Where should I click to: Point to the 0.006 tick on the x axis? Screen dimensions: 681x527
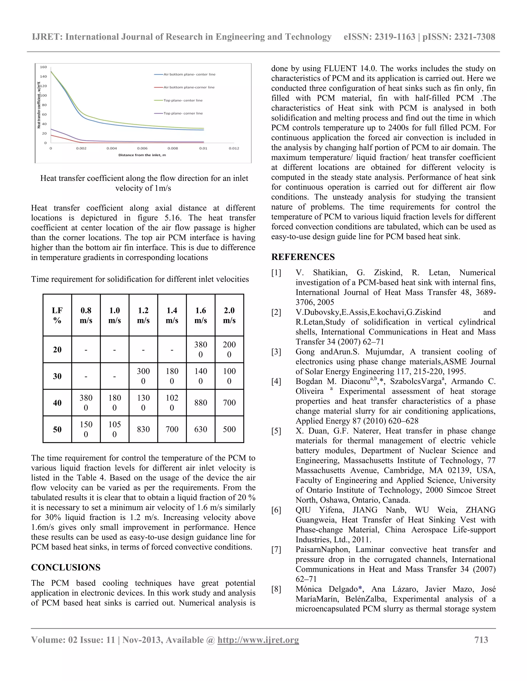(142, 149)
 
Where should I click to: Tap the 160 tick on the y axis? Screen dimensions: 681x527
(43, 67)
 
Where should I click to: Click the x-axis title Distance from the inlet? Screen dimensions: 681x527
(142, 155)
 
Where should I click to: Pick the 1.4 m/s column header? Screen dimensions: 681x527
(172, 315)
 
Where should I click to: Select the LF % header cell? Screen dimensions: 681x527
(57, 315)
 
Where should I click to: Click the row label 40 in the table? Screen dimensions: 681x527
(57, 402)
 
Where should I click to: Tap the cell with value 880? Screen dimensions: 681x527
(200, 402)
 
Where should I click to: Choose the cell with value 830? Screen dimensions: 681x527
(143, 429)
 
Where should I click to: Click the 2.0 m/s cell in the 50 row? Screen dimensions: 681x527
(229, 429)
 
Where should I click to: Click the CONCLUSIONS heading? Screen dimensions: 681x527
(66, 567)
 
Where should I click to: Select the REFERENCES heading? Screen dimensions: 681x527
(303, 257)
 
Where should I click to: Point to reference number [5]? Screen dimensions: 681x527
(276, 431)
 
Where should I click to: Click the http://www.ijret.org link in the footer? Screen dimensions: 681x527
(258, 640)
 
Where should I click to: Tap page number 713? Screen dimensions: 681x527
(481, 640)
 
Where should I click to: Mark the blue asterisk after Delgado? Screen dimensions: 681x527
(360, 589)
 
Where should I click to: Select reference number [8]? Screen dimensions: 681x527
(276, 589)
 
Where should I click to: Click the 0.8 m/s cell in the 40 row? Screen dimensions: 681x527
(86, 402)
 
